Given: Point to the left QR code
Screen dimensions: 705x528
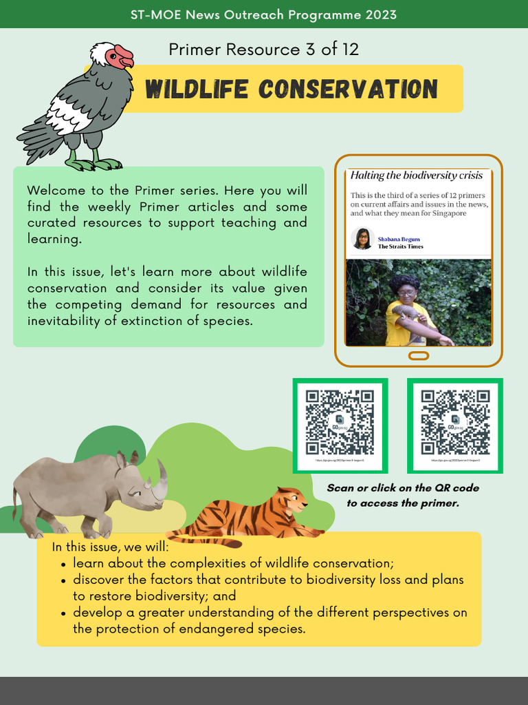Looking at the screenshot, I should (340, 423).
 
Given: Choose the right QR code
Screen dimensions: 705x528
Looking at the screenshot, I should (455, 423).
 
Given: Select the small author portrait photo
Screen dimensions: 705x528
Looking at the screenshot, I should (362, 239).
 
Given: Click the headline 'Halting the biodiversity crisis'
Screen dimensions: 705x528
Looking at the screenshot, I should (416, 176).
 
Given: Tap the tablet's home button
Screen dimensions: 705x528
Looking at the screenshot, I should (419, 356).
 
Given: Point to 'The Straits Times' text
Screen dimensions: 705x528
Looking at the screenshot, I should (401, 246).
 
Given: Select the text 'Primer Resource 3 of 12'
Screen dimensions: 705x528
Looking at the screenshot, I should (263, 50).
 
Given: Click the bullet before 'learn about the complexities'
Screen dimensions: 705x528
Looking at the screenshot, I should (63, 564).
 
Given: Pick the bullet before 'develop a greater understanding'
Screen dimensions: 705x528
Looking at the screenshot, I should (63, 613).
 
